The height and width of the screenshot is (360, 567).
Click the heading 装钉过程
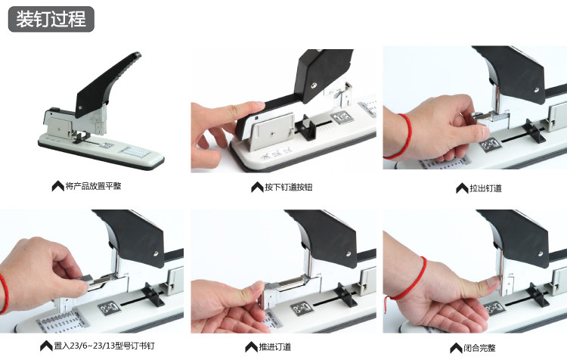[x=51, y=19]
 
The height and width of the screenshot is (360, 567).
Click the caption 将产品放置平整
[x=93, y=186]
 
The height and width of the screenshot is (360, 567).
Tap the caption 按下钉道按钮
[x=288, y=187]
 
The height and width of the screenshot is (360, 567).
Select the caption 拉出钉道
[x=485, y=188]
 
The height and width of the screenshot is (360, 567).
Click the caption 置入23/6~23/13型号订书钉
[x=104, y=346]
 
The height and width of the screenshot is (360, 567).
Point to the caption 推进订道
[x=275, y=347]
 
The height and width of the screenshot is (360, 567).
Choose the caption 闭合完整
[x=479, y=348]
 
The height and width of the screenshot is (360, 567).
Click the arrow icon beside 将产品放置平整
[x=58, y=186]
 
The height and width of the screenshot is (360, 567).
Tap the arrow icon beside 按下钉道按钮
[x=257, y=187]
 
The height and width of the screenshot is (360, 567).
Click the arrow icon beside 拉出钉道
[x=462, y=188]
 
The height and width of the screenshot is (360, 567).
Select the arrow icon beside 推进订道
[x=251, y=347]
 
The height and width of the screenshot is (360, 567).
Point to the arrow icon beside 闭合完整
[x=457, y=348]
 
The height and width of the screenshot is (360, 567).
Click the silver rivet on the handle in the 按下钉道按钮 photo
[x=314, y=85]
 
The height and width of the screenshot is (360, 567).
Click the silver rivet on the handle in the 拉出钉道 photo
[x=537, y=89]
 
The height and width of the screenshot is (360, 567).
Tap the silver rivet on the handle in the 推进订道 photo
[x=349, y=254]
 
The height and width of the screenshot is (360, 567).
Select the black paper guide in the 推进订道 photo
[x=346, y=294]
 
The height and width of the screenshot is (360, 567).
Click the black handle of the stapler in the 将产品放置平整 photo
[x=107, y=84]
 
